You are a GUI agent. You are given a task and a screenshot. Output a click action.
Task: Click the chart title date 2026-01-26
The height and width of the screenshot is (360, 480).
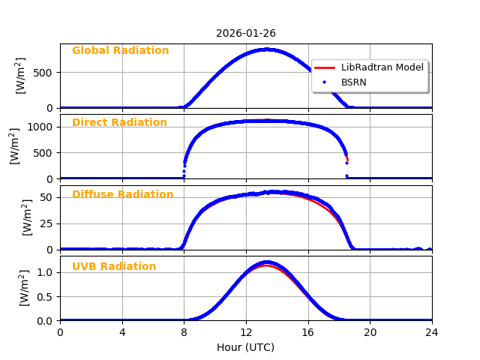click(x=245, y=33)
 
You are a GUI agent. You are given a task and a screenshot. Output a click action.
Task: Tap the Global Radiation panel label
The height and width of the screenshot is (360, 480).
click(x=120, y=51)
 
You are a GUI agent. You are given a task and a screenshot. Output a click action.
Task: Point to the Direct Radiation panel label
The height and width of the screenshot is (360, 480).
click(x=119, y=123)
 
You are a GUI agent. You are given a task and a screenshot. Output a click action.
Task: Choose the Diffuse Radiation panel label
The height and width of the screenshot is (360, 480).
click(x=122, y=195)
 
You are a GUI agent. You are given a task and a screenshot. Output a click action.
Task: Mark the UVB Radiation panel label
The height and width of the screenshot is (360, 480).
click(x=114, y=267)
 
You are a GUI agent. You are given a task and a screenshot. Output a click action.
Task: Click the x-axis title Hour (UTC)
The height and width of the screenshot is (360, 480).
click(x=245, y=347)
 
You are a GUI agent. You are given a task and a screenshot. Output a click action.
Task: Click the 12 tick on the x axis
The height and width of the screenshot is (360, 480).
click(x=246, y=331)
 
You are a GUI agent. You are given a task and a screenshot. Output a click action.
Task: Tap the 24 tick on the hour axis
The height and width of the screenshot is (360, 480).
click(x=432, y=331)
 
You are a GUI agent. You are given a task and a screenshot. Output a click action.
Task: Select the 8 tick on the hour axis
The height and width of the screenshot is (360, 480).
click(x=184, y=331)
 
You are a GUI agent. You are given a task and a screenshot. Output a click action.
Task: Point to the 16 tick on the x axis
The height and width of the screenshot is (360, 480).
click(x=308, y=331)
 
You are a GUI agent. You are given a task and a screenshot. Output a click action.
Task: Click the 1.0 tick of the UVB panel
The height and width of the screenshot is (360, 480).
click(x=46, y=272)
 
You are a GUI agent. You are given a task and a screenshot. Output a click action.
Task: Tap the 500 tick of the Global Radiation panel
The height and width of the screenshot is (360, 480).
click(x=46, y=73)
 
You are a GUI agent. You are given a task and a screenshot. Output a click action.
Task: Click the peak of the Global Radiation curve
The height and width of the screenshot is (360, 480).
click(x=266, y=49)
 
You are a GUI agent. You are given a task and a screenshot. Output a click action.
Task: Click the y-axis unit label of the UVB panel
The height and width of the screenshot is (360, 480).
click(x=24, y=288)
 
